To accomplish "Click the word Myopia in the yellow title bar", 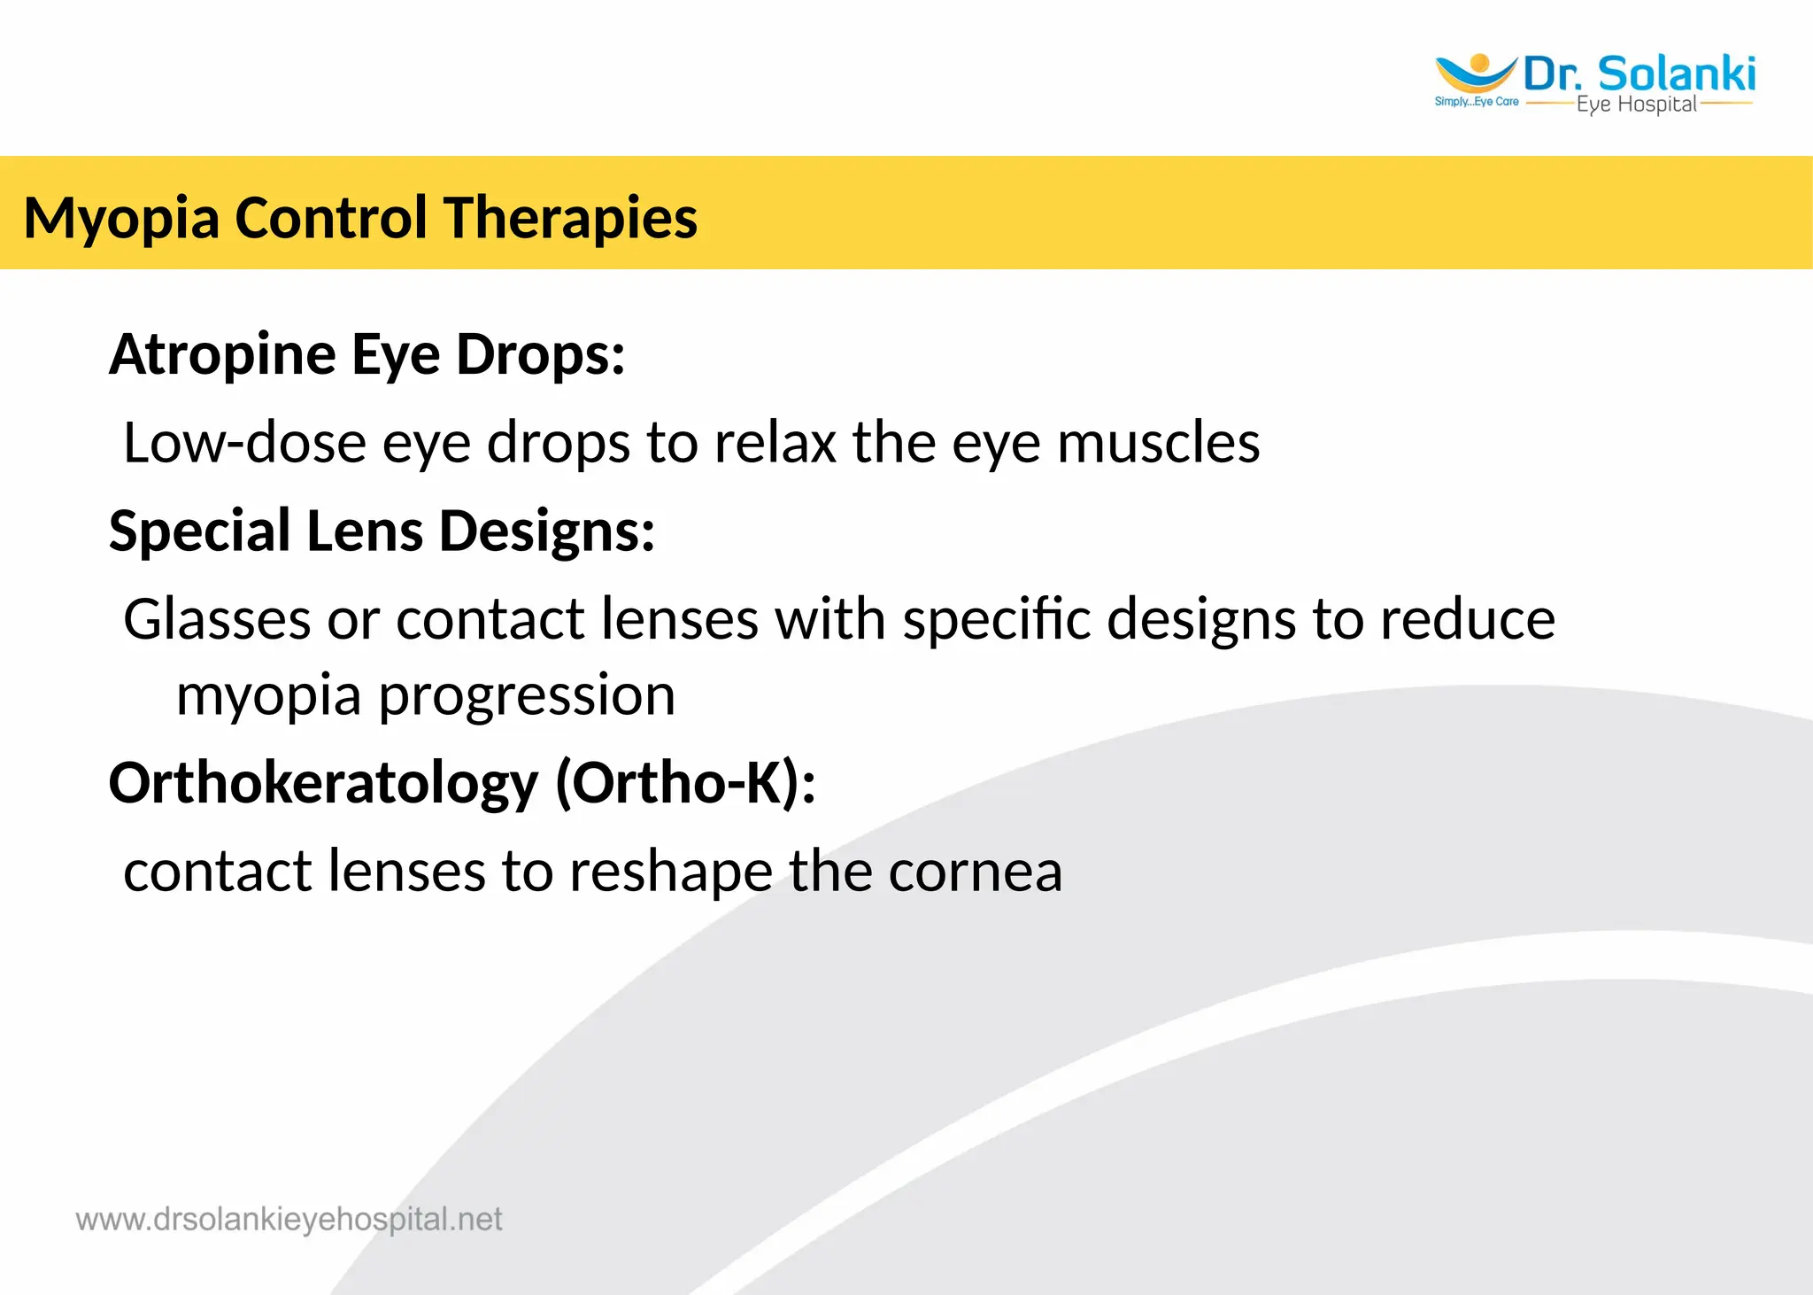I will click(x=121, y=218).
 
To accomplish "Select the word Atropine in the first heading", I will click(x=222, y=354).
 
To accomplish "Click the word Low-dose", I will click(x=244, y=442).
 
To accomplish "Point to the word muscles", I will click(x=1158, y=442).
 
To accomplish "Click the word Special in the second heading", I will click(x=199, y=531).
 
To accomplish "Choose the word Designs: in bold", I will click(x=546, y=531).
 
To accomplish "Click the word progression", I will click(x=527, y=695).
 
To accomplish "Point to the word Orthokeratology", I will click(x=323, y=783).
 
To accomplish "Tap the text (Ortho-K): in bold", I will click(x=685, y=783).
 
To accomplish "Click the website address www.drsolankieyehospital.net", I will click(x=289, y=1220).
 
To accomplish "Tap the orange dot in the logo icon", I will click(x=1478, y=62).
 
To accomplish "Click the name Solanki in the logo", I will click(x=1677, y=74).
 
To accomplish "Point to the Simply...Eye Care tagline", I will click(x=1476, y=102).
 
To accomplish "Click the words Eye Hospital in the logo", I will click(x=1636, y=105).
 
